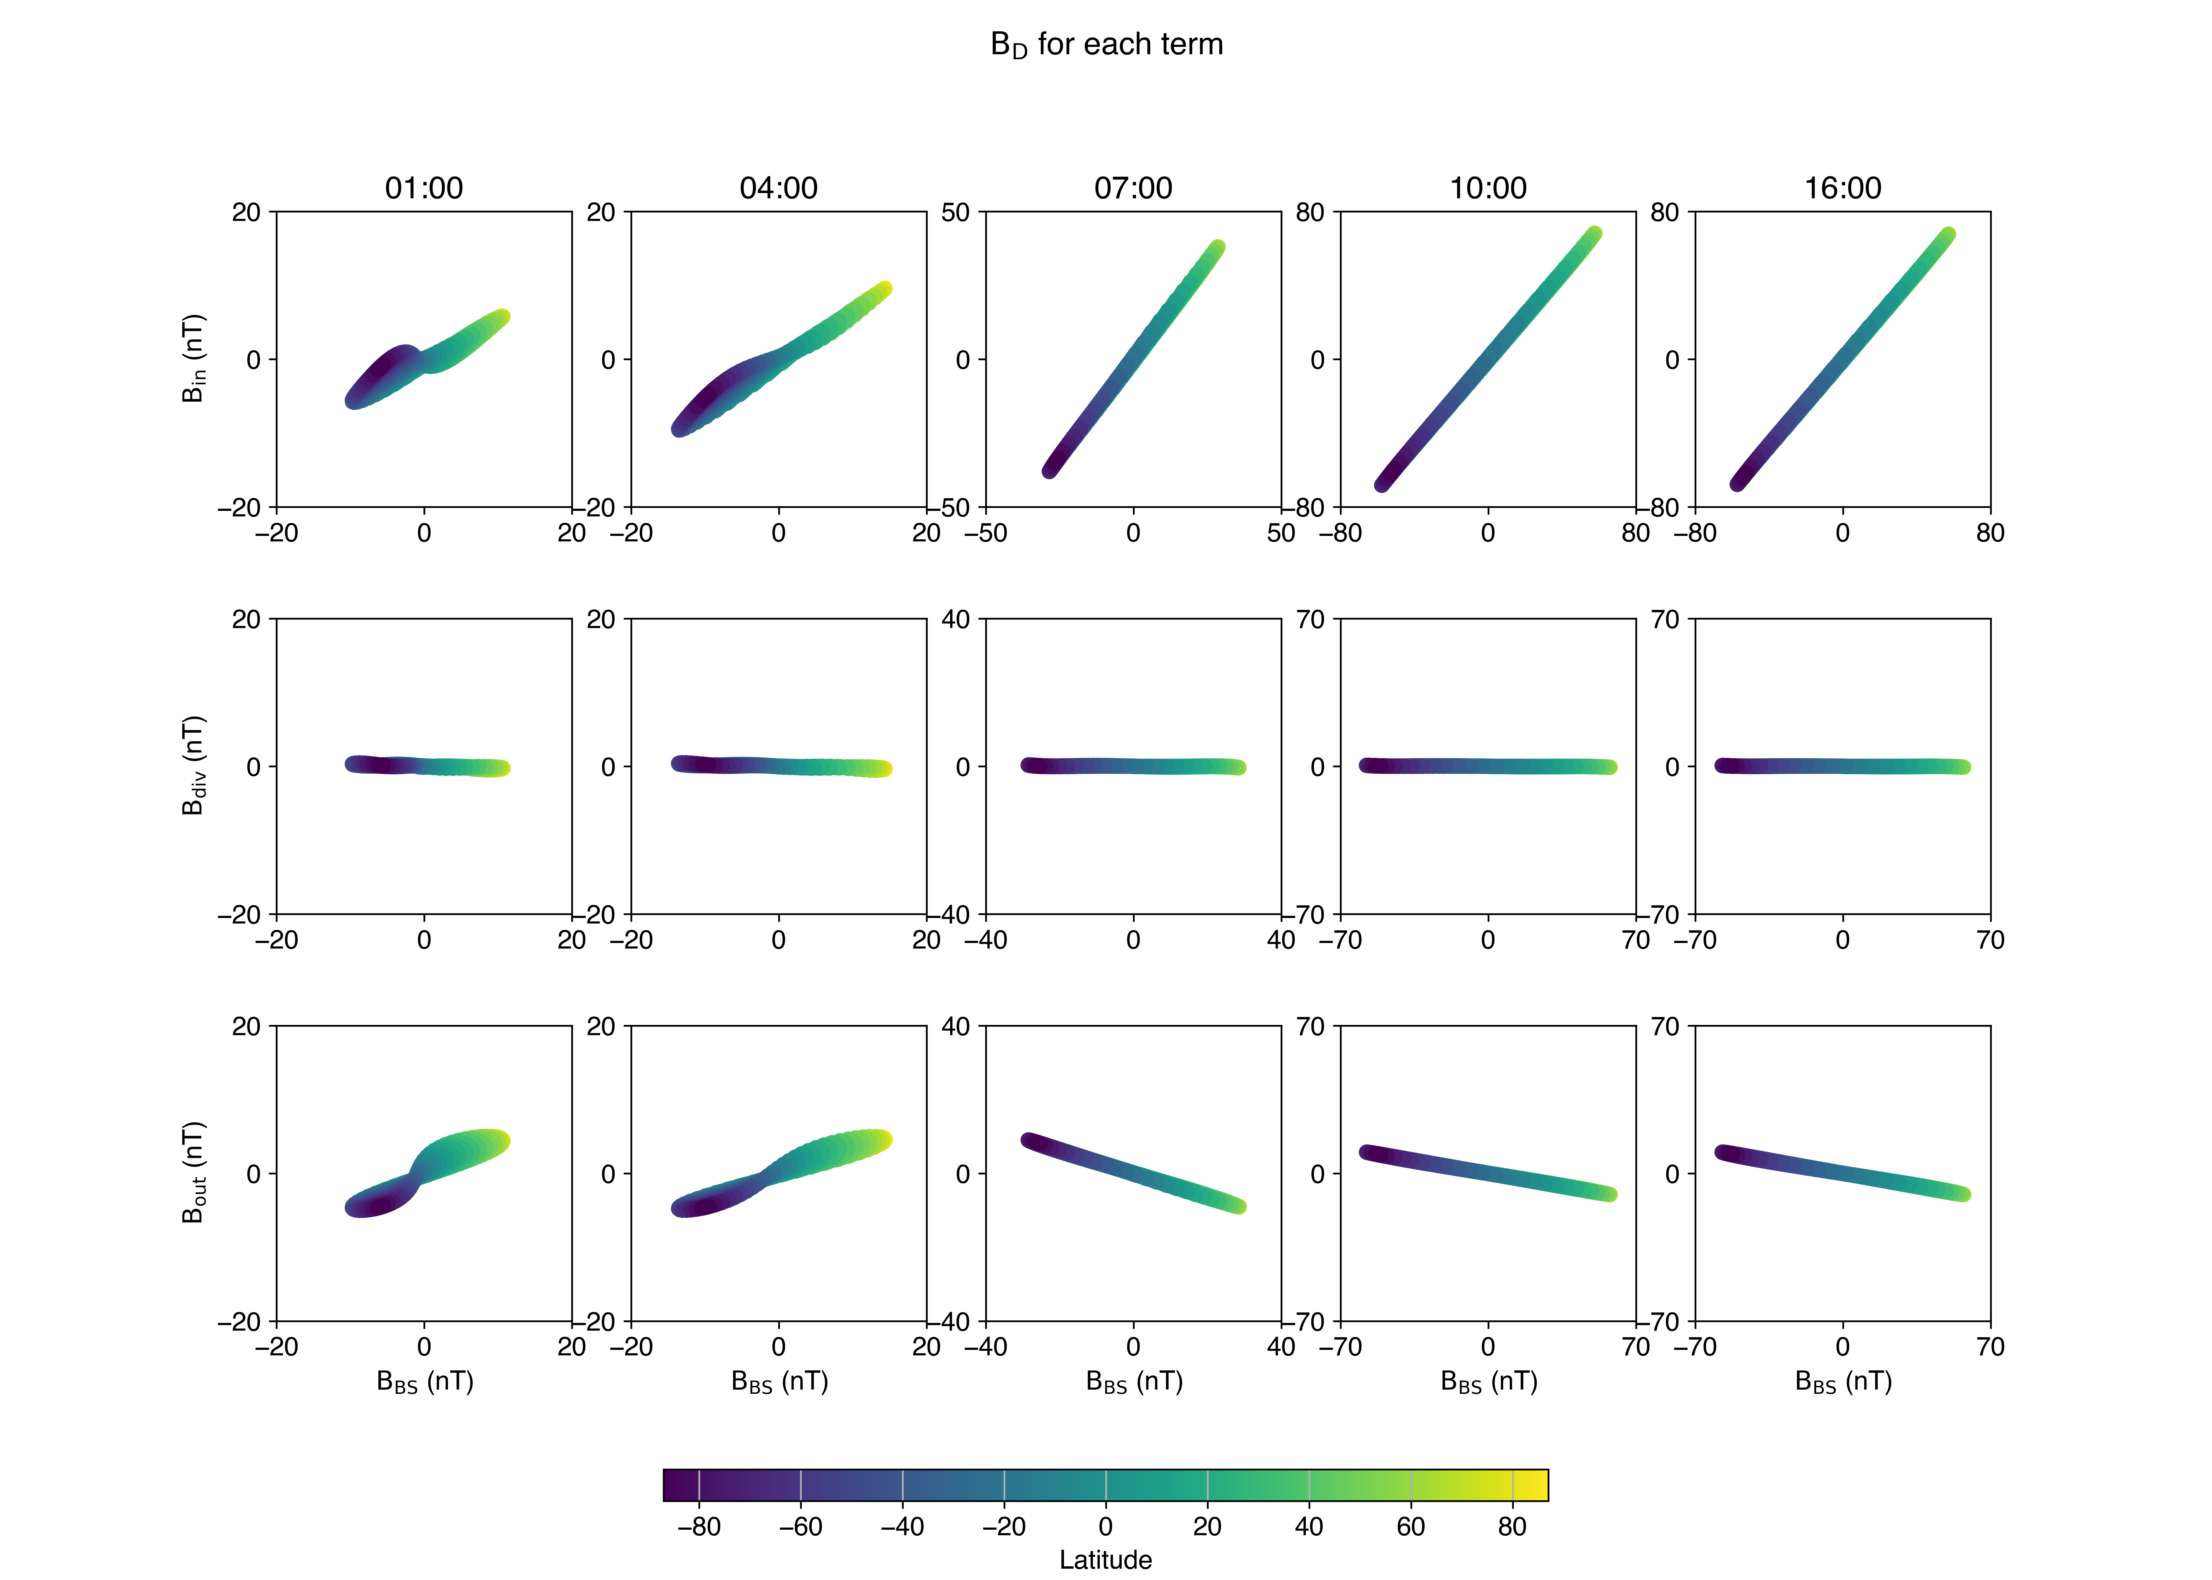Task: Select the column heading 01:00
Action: pos(424,188)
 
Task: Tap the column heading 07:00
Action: pos(1133,188)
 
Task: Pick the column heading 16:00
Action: pos(1842,188)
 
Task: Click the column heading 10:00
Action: pos(1488,188)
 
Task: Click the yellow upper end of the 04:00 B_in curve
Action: pos(884,289)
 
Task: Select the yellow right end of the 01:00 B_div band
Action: pos(502,768)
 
